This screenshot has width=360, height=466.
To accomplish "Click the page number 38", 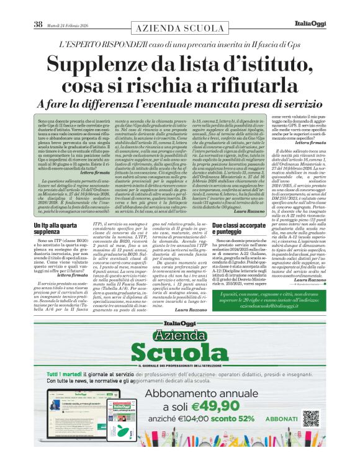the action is (37, 24).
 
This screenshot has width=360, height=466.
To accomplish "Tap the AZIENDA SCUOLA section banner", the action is (179, 29).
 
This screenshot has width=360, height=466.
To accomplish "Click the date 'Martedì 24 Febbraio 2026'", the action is (68, 24).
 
